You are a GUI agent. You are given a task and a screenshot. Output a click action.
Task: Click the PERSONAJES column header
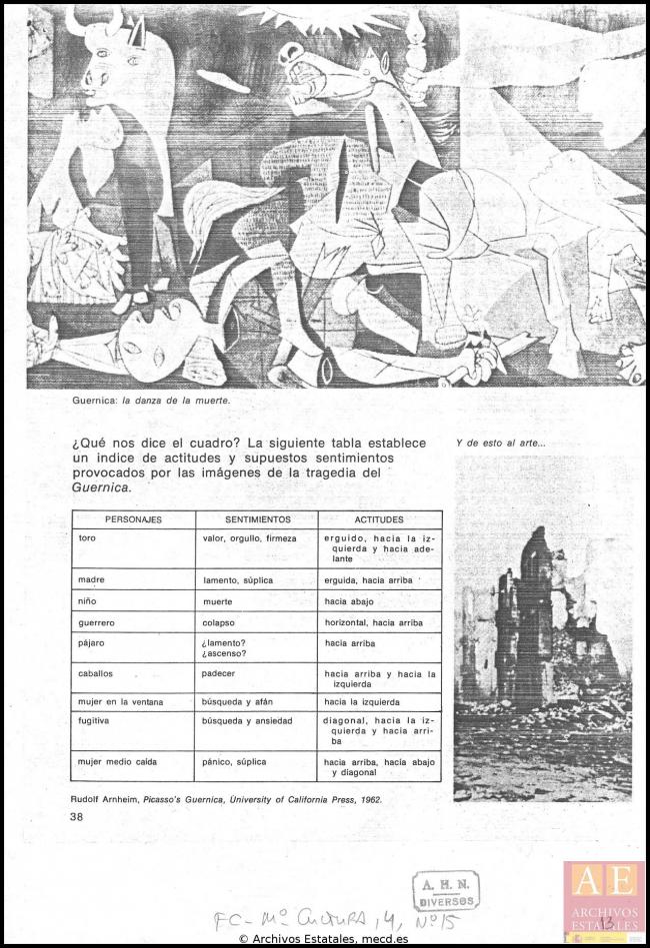tap(133, 519)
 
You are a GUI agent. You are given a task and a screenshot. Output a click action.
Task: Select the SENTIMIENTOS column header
tap(257, 519)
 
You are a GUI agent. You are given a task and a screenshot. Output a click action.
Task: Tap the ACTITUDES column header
tap(379, 519)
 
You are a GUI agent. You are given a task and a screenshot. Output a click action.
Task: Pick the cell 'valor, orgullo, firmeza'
tap(249, 538)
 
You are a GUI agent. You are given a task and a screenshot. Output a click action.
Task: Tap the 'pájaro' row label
tap(91, 642)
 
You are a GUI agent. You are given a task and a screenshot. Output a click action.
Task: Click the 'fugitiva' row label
tap(93, 720)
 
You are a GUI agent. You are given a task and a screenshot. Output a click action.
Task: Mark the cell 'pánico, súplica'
tap(234, 761)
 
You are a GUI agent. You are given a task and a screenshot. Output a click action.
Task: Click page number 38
tap(77, 816)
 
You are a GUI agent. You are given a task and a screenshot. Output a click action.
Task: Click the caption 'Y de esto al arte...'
tap(500, 444)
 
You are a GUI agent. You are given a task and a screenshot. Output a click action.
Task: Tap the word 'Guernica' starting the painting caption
tap(94, 400)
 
